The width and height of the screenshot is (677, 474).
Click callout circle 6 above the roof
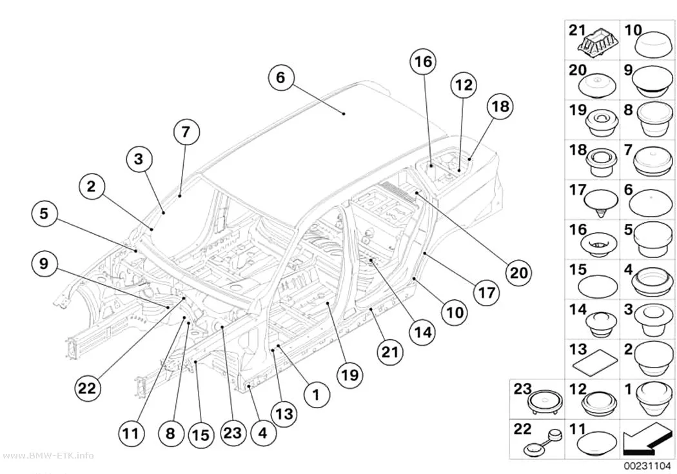click(x=280, y=77)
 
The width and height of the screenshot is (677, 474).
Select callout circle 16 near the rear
click(x=423, y=62)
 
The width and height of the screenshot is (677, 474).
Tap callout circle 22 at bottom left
click(x=88, y=388)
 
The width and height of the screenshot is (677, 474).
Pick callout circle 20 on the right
click(x=518, y=272)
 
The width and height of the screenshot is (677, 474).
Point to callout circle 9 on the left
click(x=44, y=263)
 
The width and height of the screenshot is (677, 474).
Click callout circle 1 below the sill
click(x=317, y=395)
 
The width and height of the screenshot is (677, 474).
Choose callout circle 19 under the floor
click(x=349, y=375)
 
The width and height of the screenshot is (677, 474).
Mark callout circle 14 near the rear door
click(x=423, y=332)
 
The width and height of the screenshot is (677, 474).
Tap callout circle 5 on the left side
click(x=44, y=213)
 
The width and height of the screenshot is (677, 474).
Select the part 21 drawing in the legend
click(x=599, y=42)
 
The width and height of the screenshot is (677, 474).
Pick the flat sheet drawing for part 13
click(x=593, y=360)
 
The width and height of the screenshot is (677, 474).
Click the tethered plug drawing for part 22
click(x=542, y=442)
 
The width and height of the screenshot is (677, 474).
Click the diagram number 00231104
click(x=647, y=466)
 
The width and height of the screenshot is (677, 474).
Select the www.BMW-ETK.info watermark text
click(x=47, y=455)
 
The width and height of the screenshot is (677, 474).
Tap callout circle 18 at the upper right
click(x=500, y=106)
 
